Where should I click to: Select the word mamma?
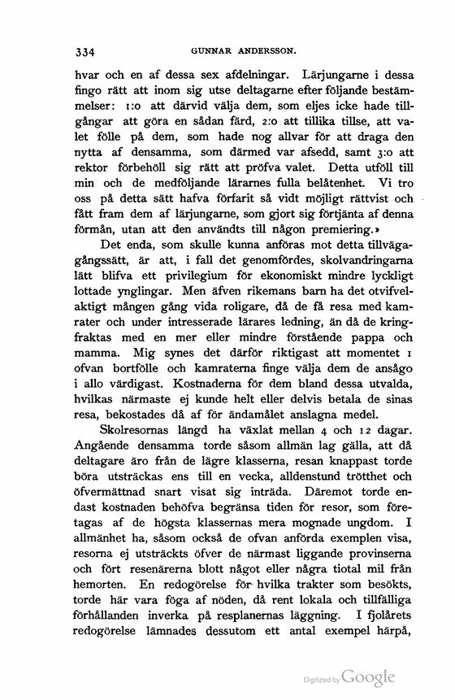pyautogui.click(x=96, y=390)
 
